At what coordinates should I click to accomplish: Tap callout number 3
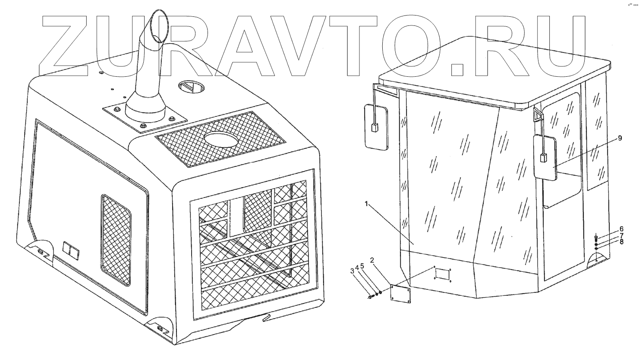352,271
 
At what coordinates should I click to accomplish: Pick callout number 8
622,242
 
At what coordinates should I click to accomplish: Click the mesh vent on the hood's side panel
116,239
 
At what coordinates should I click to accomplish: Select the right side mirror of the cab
545,157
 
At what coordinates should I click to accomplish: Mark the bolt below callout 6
596,238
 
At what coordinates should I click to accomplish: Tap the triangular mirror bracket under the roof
537,114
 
